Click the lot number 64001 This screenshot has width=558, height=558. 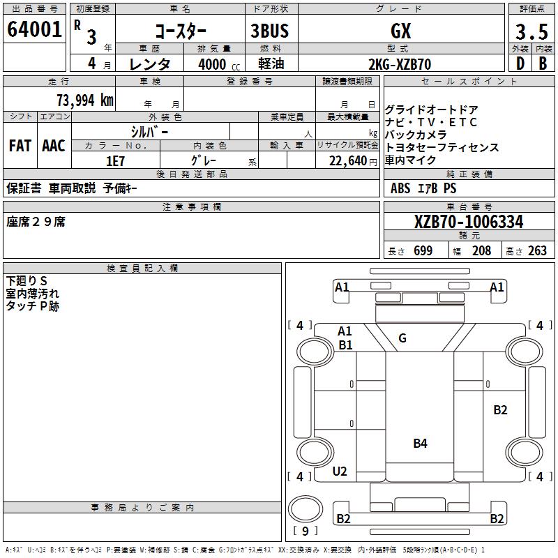(34, 29)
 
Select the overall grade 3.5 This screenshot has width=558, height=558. (531, 31)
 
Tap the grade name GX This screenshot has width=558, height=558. (400, 31)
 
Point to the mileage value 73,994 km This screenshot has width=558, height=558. (85, 100)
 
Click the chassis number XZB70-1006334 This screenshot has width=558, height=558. (469, 222)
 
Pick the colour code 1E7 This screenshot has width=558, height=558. (115, 161)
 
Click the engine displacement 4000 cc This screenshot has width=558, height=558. (219, 64)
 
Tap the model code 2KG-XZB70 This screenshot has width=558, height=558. (400, 64)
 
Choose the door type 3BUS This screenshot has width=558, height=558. (270, 31)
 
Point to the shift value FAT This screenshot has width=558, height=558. (20, 146)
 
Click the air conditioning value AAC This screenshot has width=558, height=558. (54, 146)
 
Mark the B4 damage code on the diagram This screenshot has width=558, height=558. (421, 444)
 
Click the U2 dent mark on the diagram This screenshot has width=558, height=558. (340, 472)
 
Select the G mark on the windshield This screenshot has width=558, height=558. (402, 338)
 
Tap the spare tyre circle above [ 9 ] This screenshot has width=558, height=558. (306, 509)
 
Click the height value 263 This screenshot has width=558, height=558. (537, 251)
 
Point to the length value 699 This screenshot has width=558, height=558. (423, 251)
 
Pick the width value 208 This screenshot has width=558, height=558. (481, 251)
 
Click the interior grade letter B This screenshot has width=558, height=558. (543, 64)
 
